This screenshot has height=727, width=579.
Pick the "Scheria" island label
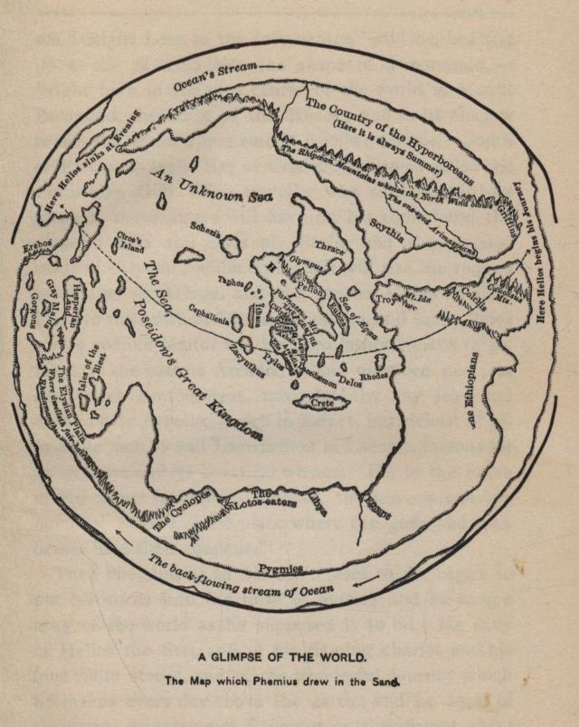(x=205, y=230)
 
